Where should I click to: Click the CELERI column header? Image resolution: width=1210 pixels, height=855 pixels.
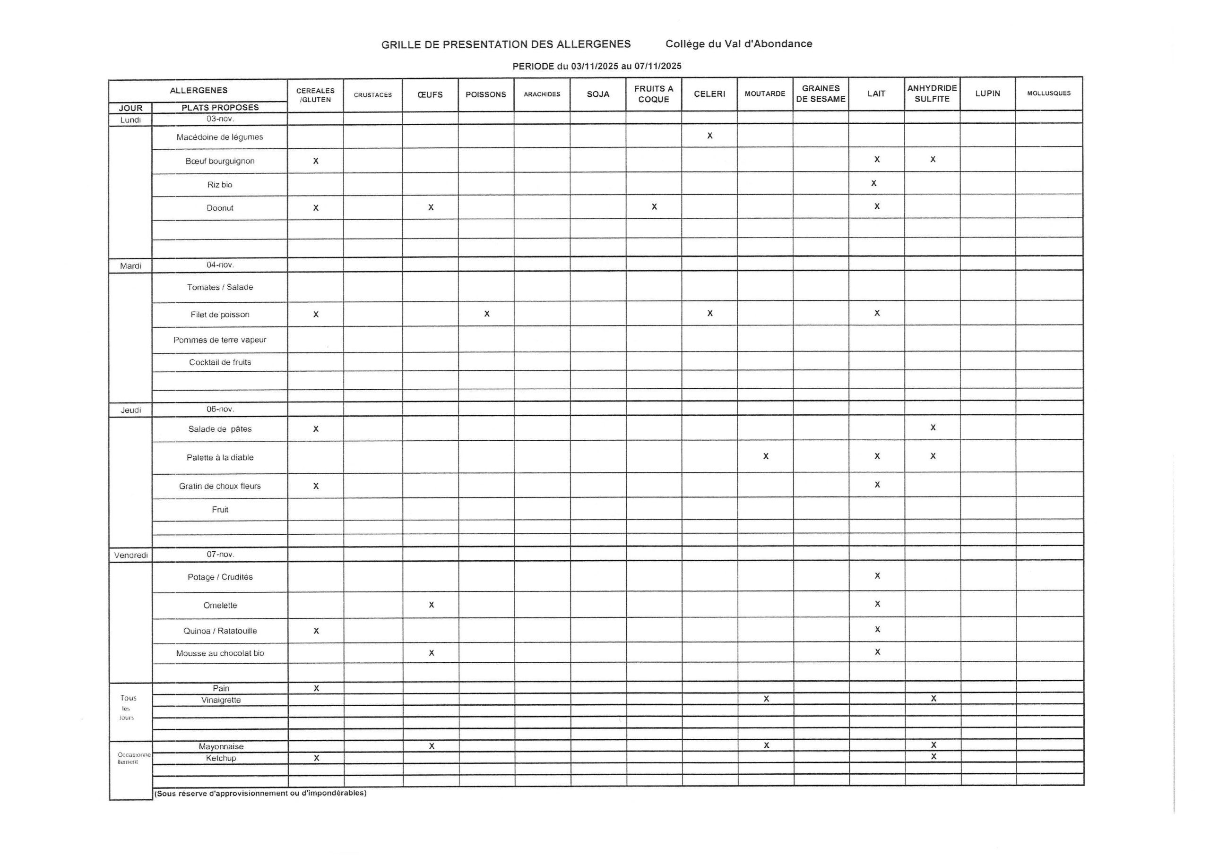pyautogui.click(x=709, y=94)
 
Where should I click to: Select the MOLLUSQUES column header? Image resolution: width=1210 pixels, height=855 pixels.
pyautogui.click(x=1049, y=93)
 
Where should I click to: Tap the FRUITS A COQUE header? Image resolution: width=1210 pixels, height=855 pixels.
pyautogui.click(x=654, y=94)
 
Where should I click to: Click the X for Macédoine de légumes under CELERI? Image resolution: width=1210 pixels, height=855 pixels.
pyautogui.click(x=710, y=136)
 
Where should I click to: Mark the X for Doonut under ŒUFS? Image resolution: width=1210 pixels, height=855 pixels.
pyautogui.click(x=431, y=207)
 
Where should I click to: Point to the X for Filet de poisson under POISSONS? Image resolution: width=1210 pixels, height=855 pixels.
pyautogui.click(x=487, y=314)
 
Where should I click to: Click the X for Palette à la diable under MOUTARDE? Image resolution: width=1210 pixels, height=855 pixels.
pyautogui.click(x=766, y=456)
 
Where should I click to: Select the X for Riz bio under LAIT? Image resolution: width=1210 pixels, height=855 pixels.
pyautogui.click(x=874, y=183)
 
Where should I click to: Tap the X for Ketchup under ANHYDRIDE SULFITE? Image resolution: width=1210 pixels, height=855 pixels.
pyautogui.click(x=933, y=756)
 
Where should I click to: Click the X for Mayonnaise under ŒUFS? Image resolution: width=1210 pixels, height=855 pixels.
pyautogui.click(x=432, y=745)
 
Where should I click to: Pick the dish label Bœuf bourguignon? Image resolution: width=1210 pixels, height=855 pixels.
pyautogui.click(x=220, y=161)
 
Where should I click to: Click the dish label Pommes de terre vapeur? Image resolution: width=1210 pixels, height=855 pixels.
pyautogui.click(x=220, y=340)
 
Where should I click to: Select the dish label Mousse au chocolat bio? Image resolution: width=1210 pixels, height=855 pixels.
pyautogui.click(x=220, y=653)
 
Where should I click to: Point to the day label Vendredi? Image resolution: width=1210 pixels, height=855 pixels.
pyautogui.click(x=131, y=555)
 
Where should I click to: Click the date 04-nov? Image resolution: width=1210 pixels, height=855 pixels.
pyautogui.click(x=220, y=265)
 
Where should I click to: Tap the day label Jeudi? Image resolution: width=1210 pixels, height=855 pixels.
pyautogui.click(x=131, y=410)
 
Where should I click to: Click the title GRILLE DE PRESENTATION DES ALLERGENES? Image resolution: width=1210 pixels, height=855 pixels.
pyautogui.click(x=506, y=44)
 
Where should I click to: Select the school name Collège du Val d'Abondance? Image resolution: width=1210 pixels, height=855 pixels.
pyautogui.click(x=738, y=44)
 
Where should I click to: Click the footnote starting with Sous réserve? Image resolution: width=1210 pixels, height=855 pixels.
pyautogui.click(x=260, y=793)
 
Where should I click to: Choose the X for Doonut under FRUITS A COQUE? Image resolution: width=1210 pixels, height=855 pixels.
pyautogui.click(x=654, y=206)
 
